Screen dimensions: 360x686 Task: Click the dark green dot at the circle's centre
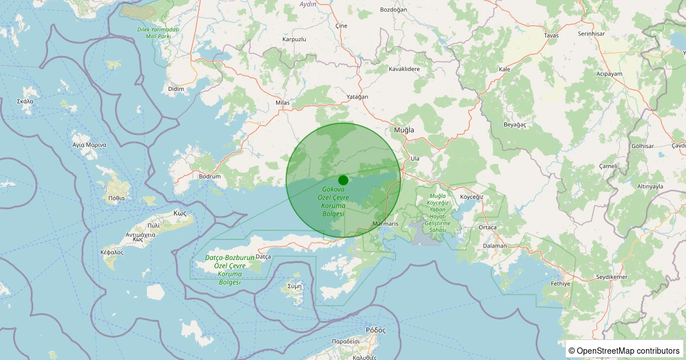[343, 179]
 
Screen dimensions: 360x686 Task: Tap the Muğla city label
[404, 130]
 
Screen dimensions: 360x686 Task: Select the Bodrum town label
[210, 177]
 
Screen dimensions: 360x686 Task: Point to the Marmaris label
[385, 223]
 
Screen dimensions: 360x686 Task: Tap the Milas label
[282, 103]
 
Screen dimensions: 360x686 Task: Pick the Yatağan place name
[357, 97]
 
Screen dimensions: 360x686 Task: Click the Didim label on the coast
[176, 89]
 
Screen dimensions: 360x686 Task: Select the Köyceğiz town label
[472, 197]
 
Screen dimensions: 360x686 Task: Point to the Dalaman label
[494, 246]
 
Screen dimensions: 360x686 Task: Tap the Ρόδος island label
[376, 330]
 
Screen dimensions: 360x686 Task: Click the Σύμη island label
[294, 286]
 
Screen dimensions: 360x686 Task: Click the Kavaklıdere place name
[404, 69]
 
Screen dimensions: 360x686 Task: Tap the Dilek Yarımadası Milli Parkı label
[154, 33]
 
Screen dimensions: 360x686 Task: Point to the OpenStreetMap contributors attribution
[624, 350]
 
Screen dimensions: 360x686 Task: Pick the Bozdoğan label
[393, 10]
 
